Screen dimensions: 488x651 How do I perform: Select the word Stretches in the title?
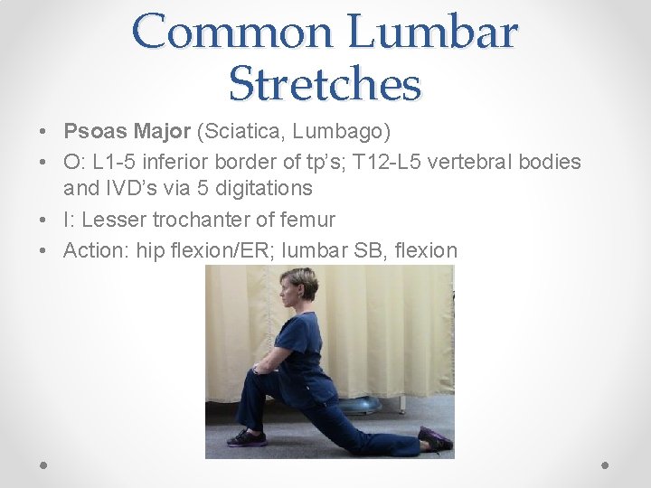(x=325, y=83)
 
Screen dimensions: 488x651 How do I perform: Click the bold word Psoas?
(x=92, y=132)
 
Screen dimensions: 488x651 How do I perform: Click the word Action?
(x=94, y=250)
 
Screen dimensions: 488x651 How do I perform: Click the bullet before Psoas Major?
(x=44, y=133)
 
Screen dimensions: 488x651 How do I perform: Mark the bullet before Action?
(x=44, y=251)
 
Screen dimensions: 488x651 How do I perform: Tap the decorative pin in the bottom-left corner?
(x=43, y=465)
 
